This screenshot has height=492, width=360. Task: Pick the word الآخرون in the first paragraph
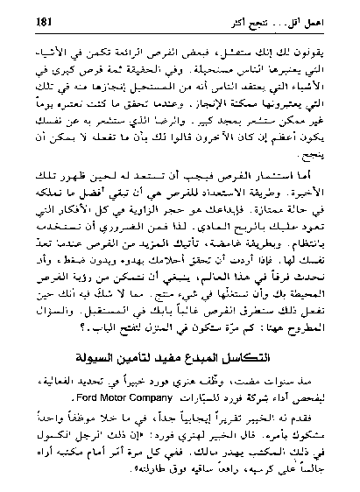(198, 141)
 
